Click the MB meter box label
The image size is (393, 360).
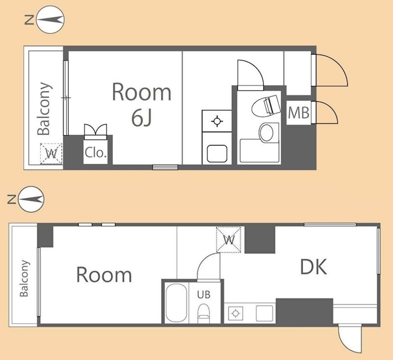pos(299,113)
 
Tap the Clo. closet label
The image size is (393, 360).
pos(96,152)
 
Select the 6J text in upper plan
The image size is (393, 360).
pos(141,118)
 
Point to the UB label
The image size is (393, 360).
pos(204,295)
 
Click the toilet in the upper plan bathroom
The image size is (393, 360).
pos(266,105)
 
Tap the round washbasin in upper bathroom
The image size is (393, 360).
pos(266,132)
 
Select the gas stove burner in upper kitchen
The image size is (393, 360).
pos(217,121)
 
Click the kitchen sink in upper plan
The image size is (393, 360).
pos(217,153)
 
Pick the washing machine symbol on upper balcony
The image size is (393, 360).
pos(51,153)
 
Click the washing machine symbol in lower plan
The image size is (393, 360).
pos(228,240)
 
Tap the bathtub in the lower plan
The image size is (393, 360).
pos(176,303)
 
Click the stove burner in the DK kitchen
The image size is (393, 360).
pos(235,313)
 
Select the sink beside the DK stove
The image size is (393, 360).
pos(264,313)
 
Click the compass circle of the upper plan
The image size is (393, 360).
pos(51,20)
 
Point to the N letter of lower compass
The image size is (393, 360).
pos(11,200)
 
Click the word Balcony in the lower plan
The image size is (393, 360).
pos(24,278)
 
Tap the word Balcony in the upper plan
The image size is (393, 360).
pos(44,109)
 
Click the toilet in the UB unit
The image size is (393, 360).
pos(203,313)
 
